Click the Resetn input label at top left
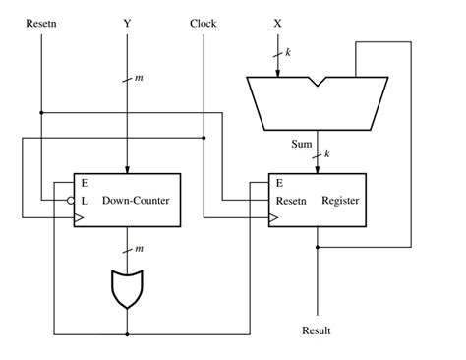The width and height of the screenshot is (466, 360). pyautogui.click(x=40, y=22)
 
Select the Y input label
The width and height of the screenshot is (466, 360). pyautogui.click(x=127, y=22)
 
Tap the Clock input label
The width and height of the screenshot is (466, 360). pyautogui.click(x=204, y=22)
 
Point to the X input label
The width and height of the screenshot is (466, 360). pyautogui.click(x=275, y=22)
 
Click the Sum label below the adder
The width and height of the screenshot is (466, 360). pyautogui.click(x=302, y=144)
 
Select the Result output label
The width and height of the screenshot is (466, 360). pyautogui.click(x=317, y=330)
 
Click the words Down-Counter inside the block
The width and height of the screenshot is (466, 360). pyautogui.click(x=134, y=200)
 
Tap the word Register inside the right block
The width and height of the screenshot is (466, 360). pyautogui.click(x=340, y=200)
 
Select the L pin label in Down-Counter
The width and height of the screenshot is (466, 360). pyautogui.click(x=86, y=200)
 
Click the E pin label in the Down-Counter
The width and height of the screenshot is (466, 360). pyautogui.click(x=86, y=183)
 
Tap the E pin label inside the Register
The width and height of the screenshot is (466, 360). pyautogui.click(x=280, y=183)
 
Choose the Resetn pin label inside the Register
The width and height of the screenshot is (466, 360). pyautogui.click(x=293, y=200)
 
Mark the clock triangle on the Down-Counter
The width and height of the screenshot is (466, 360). pyautogui.click(x=79, y=217)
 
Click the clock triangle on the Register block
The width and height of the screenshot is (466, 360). pyautogui.click(x=273, y=217)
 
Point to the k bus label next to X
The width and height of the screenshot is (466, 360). pyautogui.click(x=288, y=50)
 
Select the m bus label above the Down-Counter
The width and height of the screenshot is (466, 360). pyautogui.click(x=138, y=78)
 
